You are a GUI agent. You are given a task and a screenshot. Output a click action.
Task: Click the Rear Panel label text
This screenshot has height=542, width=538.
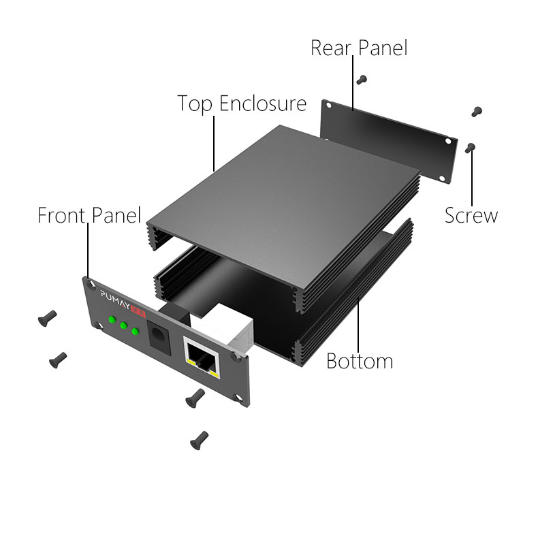coord(359,48)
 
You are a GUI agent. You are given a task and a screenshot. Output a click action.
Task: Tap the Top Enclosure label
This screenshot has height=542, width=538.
coord(242,103)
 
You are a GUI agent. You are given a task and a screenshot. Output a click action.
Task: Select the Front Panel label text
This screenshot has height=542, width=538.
coord(89,215)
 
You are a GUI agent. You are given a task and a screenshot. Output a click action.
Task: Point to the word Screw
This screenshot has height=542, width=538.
coord(471,215)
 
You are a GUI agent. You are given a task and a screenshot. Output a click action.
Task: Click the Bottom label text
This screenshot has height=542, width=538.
coord(360,361)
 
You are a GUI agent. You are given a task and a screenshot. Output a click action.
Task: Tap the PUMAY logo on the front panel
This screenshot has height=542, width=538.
coord(115,300)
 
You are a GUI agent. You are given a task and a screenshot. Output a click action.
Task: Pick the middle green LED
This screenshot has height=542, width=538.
coord(123,325)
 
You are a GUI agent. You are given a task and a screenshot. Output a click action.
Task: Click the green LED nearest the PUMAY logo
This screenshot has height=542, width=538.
coord(112,319)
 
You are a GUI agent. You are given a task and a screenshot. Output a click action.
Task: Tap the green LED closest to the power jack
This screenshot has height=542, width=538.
coord(136,332)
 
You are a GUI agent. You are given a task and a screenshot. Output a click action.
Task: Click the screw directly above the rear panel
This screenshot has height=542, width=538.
coord(362,80)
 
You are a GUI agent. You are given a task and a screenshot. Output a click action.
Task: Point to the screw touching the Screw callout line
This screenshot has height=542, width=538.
coord(470,148)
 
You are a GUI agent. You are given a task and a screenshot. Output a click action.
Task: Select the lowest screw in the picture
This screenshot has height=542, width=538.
coord(199,441)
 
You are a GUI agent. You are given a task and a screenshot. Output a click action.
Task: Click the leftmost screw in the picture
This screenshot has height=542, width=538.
coord(47,318)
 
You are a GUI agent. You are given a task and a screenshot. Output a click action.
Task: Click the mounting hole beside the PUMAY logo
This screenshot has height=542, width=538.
coord(93,284)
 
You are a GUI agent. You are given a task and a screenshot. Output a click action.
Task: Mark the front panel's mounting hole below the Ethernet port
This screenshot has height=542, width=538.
coord(238,398)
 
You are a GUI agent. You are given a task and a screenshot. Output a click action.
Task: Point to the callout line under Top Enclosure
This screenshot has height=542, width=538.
coord(214,144)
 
